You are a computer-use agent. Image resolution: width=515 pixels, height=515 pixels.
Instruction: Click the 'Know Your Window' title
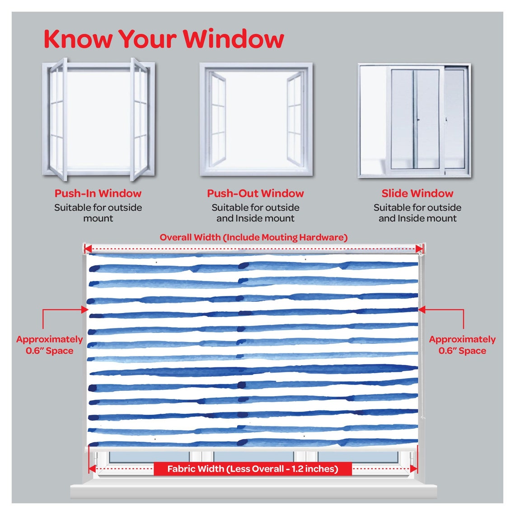coord(164,39)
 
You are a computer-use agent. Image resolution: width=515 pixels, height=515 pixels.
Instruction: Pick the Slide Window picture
coord(414,120)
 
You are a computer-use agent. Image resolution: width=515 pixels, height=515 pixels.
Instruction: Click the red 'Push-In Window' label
coord(98,193)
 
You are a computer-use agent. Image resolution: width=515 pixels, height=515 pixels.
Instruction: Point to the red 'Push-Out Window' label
coord(255,193)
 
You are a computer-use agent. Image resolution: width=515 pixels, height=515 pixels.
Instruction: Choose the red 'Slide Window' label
coord(417,193)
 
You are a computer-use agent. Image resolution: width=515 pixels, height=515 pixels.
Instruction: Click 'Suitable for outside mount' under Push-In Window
coord(98,213)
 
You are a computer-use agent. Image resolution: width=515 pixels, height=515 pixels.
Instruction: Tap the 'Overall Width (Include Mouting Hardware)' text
coord(253,237)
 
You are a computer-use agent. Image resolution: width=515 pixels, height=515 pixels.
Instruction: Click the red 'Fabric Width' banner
coord(253,469)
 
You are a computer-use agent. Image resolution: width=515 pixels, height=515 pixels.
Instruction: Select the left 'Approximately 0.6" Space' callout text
coord(49,345)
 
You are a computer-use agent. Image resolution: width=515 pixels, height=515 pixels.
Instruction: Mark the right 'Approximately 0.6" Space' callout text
coord(462,345)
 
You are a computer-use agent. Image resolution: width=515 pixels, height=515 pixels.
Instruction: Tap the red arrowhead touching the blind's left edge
coord(84,309)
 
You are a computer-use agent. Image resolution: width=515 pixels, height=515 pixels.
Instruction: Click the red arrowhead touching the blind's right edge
coord(422,309)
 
